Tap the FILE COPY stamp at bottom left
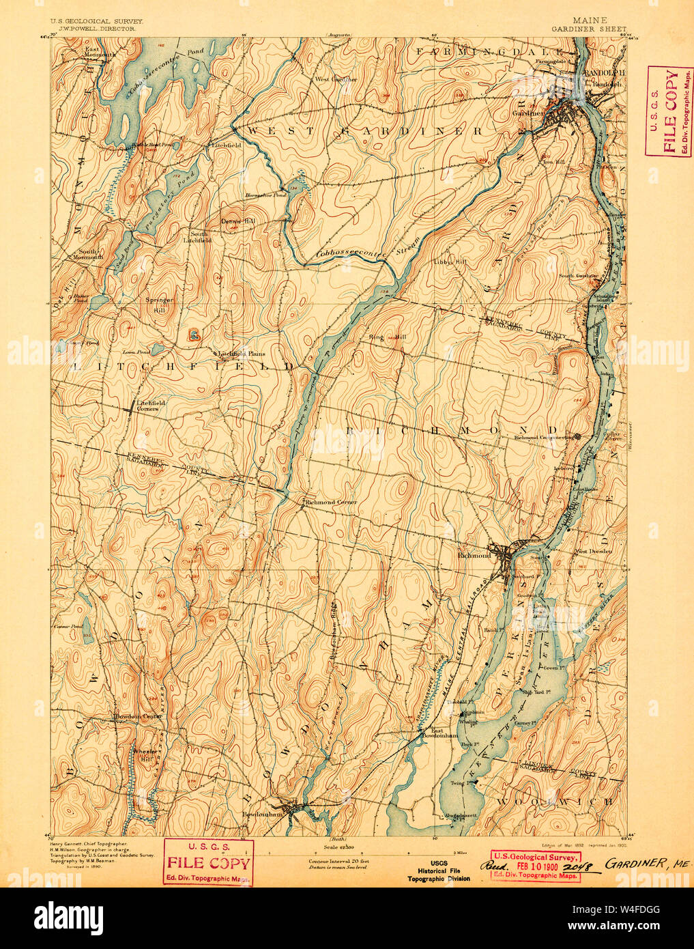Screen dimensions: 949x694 coord(209,862)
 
